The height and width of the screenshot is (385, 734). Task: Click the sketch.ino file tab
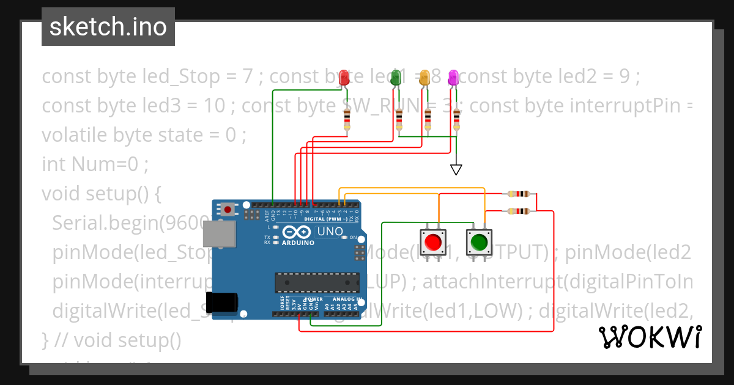tap(108, 27)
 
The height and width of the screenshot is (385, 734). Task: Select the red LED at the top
tap(344, 78)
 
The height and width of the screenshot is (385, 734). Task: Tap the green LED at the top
tap(396, 78)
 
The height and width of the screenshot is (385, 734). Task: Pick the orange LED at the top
tap(424, 78)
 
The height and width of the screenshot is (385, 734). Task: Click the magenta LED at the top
tap(453, 78)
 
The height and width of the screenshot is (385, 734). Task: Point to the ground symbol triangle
tap(456, 169)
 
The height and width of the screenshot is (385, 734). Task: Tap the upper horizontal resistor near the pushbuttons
tap(519, 194)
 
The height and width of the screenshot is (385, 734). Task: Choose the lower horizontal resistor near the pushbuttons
tap(519, 211)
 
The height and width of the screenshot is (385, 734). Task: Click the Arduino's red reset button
tap(228, 210)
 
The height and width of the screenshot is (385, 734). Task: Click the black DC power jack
tap(221, 303)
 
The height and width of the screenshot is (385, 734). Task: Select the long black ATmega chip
tap(316, 282)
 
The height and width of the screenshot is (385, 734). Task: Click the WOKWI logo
tap(650, 337)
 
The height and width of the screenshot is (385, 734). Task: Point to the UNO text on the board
tap(330, 232)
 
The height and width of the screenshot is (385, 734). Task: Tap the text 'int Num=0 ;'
tap(95, 164)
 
